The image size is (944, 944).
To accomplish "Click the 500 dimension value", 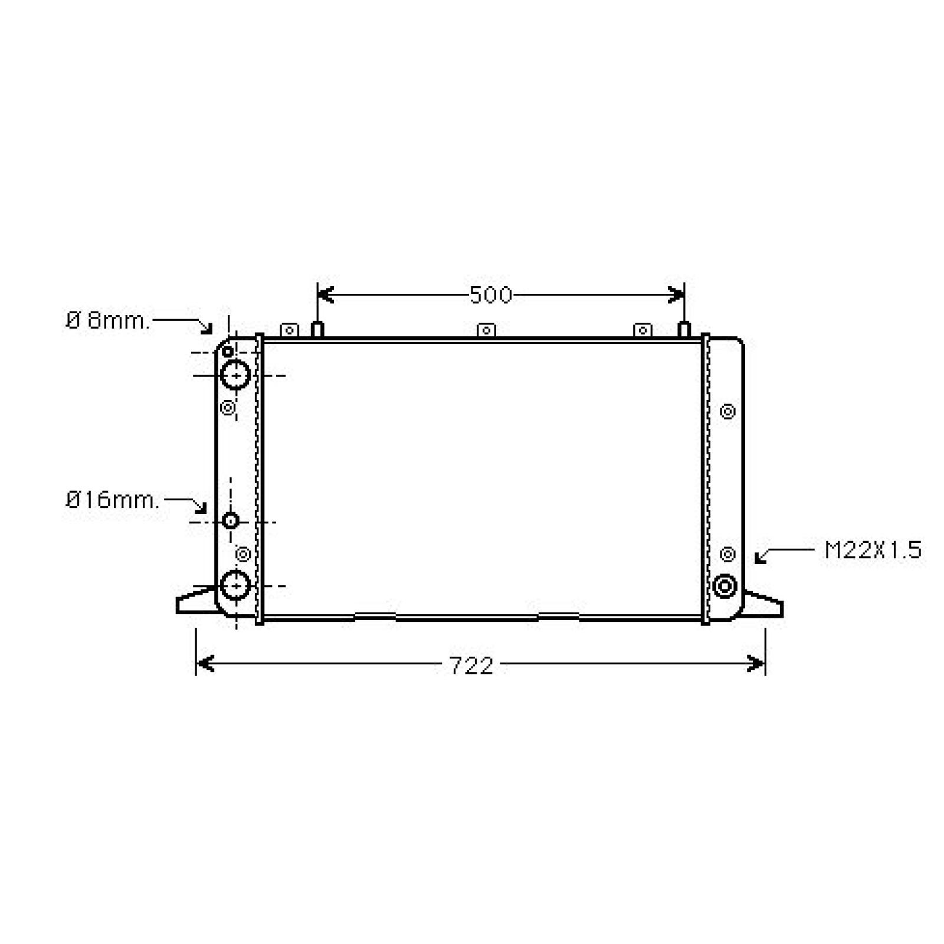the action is [x=491, y=294].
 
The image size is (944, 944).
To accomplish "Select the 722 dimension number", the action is [x=471, y=666].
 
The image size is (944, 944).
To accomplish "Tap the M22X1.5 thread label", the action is [x=873, y=550].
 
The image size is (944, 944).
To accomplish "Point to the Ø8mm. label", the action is [x=108, y=321].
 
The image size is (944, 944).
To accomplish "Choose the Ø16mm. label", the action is [x=112, y=500].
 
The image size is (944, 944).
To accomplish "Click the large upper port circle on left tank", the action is [x=235, y=375].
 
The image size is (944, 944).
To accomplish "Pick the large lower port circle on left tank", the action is [x=235, y=585].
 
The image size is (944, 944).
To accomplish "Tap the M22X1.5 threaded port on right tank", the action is [x=725, y=586].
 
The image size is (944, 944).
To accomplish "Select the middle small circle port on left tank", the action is [x=231, y=520].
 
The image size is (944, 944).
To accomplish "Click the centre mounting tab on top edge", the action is [x=486, y=330].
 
